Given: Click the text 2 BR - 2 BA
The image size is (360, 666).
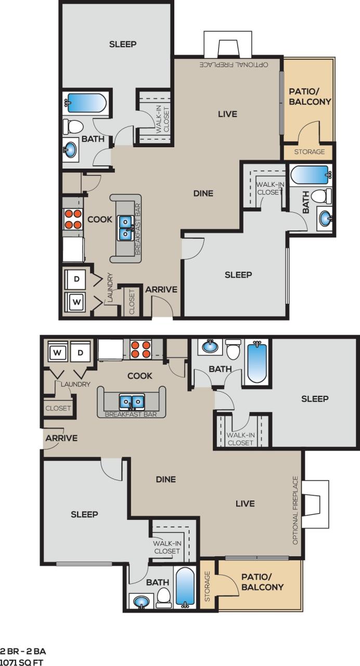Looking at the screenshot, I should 19,651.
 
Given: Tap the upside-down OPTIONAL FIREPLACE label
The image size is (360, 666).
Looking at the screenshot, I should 234,65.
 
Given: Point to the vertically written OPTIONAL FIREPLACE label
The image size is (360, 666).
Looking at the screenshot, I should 295,510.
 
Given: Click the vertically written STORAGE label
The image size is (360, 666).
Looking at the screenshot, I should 208,586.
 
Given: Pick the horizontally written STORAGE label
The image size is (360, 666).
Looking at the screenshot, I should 310,152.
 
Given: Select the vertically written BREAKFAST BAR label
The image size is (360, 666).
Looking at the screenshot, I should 138,228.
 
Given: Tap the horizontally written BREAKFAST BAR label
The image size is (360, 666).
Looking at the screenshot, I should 131,414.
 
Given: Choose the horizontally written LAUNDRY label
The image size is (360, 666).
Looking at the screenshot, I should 75,384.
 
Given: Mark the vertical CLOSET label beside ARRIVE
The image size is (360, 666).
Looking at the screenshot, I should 132,302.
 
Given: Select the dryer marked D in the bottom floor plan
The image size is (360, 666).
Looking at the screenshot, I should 81,353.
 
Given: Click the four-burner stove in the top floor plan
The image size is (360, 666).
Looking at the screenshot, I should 73,219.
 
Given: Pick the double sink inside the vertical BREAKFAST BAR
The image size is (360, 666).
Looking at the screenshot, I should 125,228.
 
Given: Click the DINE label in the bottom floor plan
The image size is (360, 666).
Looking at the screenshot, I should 166,479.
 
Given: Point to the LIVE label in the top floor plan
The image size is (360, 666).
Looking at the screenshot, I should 227,114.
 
